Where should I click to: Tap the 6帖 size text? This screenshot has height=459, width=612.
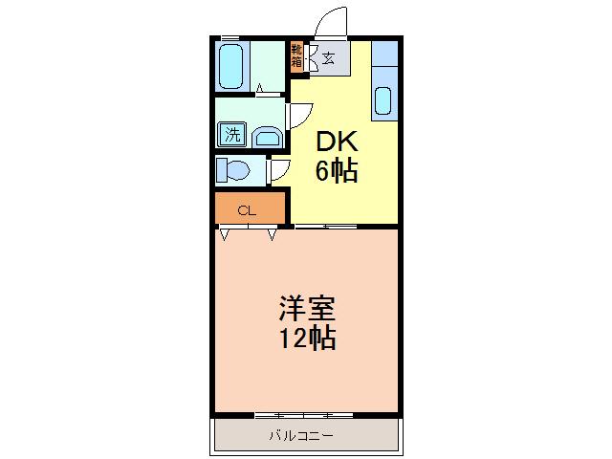(336, 172)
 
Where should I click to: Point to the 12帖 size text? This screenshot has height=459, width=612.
(307, 339)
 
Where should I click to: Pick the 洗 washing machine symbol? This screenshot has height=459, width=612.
(232, 135)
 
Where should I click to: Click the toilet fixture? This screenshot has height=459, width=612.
(233, 170)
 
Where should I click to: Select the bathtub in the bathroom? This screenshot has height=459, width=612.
(231, 67)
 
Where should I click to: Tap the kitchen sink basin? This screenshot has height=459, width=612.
(383, 99)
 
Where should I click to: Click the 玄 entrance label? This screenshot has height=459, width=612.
(328, 59)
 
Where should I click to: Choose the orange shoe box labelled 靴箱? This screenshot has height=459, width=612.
(297, 56)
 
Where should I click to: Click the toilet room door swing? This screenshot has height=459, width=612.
(280, 170)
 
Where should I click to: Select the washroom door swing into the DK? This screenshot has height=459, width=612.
(296, 115)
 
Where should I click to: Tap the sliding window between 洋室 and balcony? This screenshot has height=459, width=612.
(304, 416)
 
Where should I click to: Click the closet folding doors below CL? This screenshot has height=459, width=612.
(249, 232)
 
